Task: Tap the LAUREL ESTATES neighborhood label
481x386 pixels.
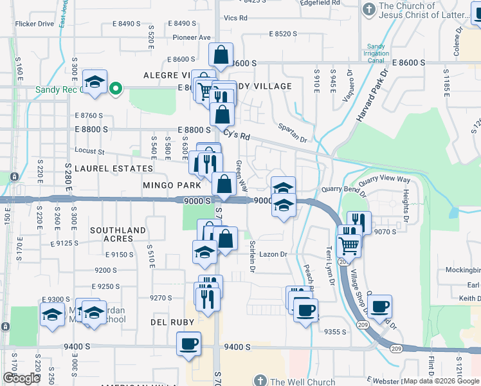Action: point(114,169)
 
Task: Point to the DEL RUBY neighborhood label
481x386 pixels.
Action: point(168,322)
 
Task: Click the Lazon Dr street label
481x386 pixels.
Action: point(273,255)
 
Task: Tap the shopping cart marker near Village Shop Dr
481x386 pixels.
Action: point(349,244)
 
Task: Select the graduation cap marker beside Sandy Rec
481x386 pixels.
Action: point(95,82)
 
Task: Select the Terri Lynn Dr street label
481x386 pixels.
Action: point(331,267)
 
